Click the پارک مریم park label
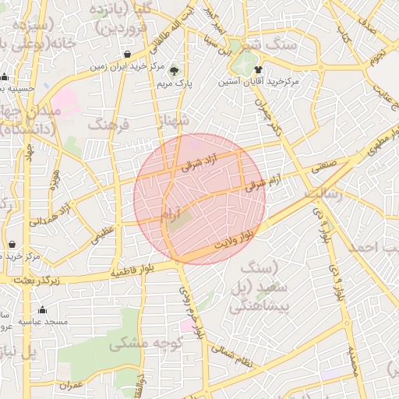175,82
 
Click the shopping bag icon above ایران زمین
127,55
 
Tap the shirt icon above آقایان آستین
259,69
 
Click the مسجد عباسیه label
44,321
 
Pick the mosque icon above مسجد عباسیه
42,310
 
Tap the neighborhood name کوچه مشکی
145,343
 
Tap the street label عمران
70,385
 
